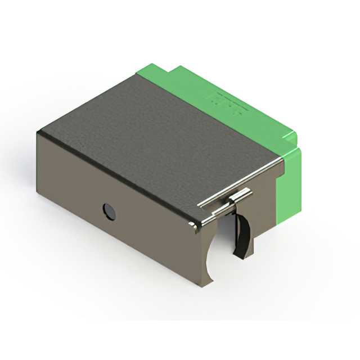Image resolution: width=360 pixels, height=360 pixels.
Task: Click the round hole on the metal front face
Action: coord(109,211)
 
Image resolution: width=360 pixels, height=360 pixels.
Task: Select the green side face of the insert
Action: coord(290,180)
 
